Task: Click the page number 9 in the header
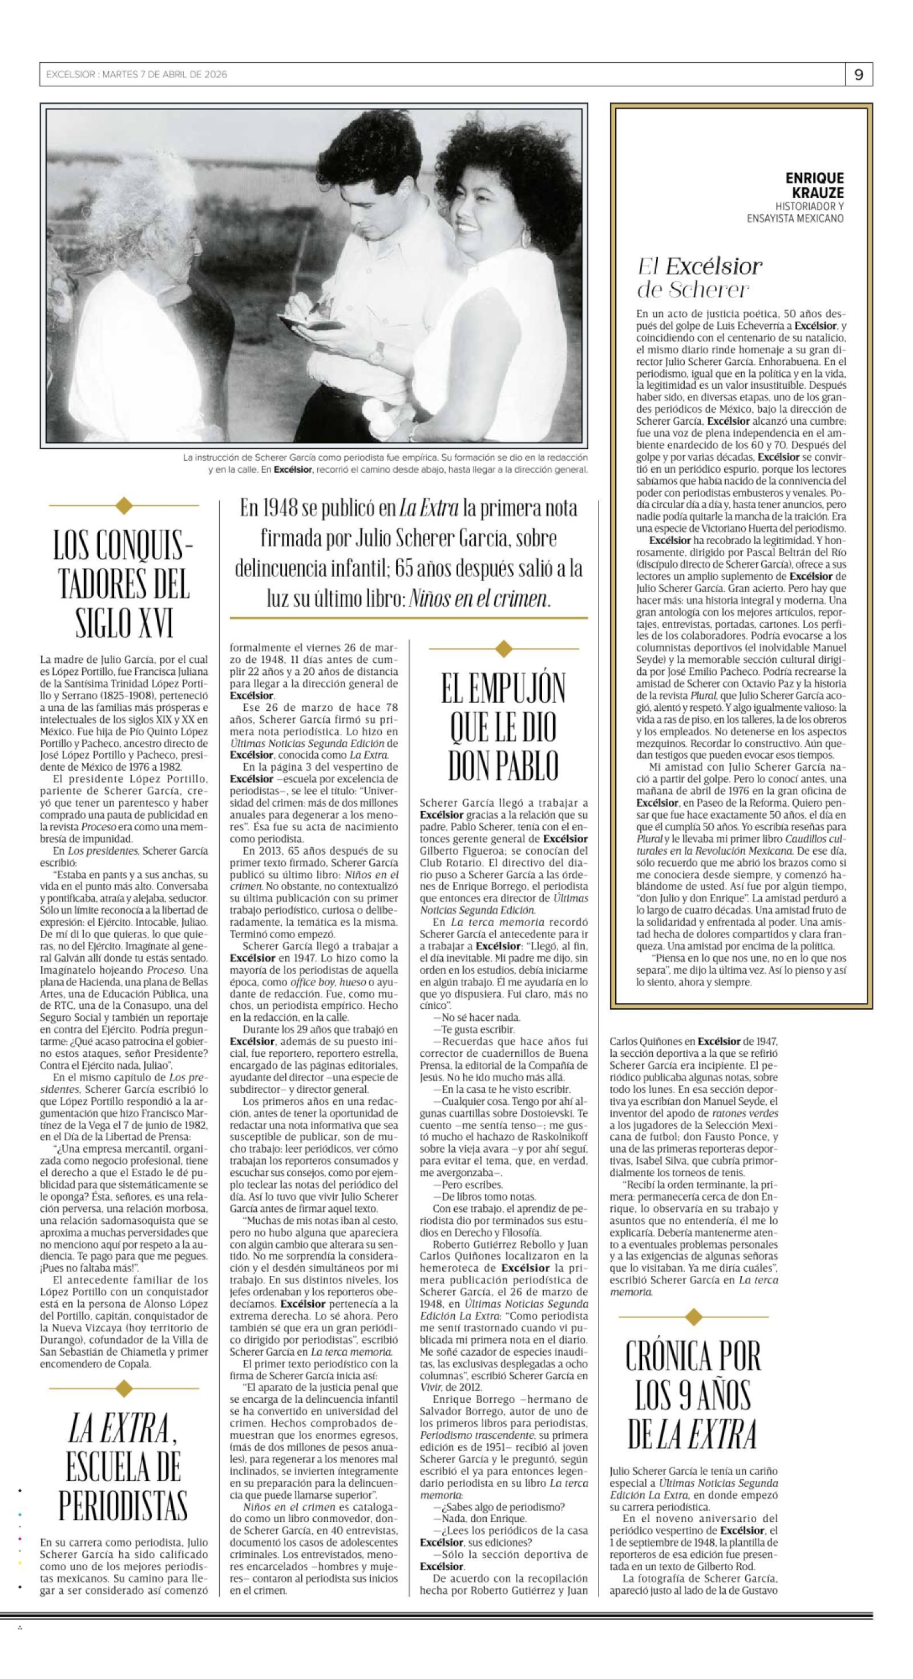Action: (859, 75)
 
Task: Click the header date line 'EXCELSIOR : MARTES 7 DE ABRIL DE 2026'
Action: (136, 75)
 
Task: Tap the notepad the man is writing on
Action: (311, 321)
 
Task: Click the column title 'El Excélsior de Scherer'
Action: (699, 277)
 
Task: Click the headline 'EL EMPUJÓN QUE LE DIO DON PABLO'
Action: (503, 727)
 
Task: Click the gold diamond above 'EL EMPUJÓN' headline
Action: (503, 649)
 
